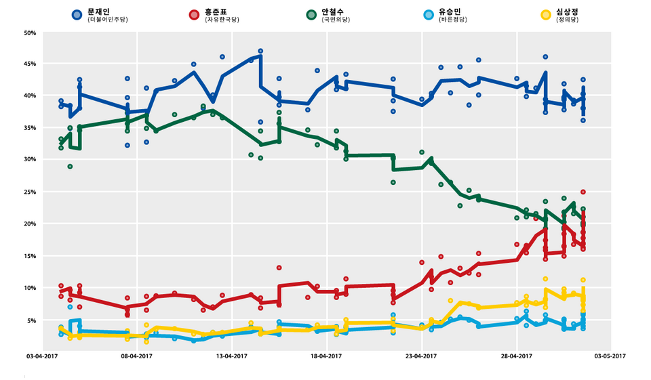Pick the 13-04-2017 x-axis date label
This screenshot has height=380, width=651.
231,355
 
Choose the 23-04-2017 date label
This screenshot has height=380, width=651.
421,355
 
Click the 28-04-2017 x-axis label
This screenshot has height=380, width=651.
516,355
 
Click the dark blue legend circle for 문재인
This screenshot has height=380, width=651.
77,14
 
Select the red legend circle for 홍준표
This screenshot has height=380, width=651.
193,14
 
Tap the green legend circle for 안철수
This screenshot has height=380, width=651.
311,14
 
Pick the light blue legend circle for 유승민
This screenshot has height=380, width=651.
428,14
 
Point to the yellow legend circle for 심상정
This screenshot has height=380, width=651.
545,14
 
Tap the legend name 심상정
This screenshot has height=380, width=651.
568,12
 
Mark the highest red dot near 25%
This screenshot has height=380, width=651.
583,192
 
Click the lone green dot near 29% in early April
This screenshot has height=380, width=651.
70,167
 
